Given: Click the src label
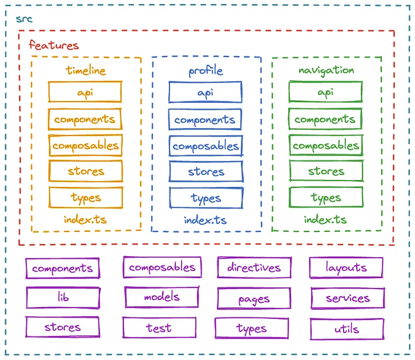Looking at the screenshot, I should coord(24,19).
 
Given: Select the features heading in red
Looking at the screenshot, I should coord(54,45).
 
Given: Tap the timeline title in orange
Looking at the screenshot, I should coord(86,71).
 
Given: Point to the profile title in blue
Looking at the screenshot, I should coord(206,71).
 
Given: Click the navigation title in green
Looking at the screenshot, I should coord(326,70).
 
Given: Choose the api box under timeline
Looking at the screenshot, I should coord(85,92).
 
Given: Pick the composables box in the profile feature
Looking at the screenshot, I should coord(206,146).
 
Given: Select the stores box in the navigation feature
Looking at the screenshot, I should coord(326,171).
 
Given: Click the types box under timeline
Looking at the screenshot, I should coord(86,197).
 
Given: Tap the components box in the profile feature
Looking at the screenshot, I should coord(205,120).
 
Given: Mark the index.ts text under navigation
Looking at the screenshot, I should coord(326,220).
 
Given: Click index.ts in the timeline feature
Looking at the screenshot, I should coord(85,220).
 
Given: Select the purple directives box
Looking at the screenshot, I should coord(254,268).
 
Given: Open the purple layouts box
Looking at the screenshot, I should coord(346,268).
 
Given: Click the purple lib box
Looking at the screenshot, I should coord(63,298).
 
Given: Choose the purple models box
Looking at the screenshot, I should coord(161,297).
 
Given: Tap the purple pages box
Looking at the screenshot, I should coord(254,299).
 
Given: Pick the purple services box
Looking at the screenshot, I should coord(347,298).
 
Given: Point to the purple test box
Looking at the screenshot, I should coord(159,328).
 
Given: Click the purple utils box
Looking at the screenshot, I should coord(346,329).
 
